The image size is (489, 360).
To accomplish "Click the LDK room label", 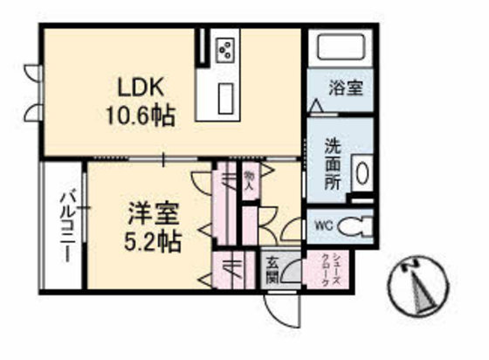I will (x=140, y=87).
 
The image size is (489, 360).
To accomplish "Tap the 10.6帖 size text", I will (x=140, y=114).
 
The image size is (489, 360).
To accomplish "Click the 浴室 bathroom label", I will (x=345, y=87).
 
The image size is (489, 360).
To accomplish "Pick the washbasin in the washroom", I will (x=362, y=170).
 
